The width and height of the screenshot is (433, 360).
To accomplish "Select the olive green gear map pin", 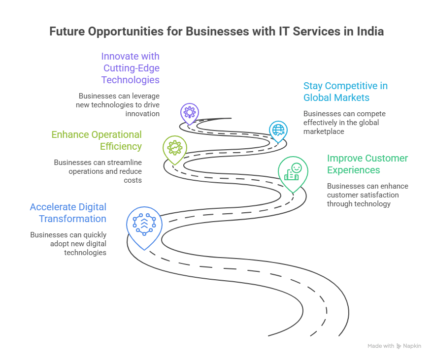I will pos(174,148).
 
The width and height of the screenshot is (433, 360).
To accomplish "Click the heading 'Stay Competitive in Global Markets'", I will pos(345,92).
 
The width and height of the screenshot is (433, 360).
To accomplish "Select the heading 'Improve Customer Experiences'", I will pos(367,164).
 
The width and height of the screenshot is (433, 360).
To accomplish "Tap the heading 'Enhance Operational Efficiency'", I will pos(97,140).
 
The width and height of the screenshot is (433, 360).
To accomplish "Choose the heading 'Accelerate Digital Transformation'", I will pos(68,213).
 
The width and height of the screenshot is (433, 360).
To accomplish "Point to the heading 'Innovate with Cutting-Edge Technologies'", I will pos(131,68).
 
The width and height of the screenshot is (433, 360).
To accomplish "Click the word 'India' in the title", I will pos(369,32).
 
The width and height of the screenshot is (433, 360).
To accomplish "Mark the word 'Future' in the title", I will pos(67,32).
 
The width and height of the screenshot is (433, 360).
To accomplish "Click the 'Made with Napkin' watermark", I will pos(394,346).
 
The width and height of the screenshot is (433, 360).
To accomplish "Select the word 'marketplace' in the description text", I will pos(323,131).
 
